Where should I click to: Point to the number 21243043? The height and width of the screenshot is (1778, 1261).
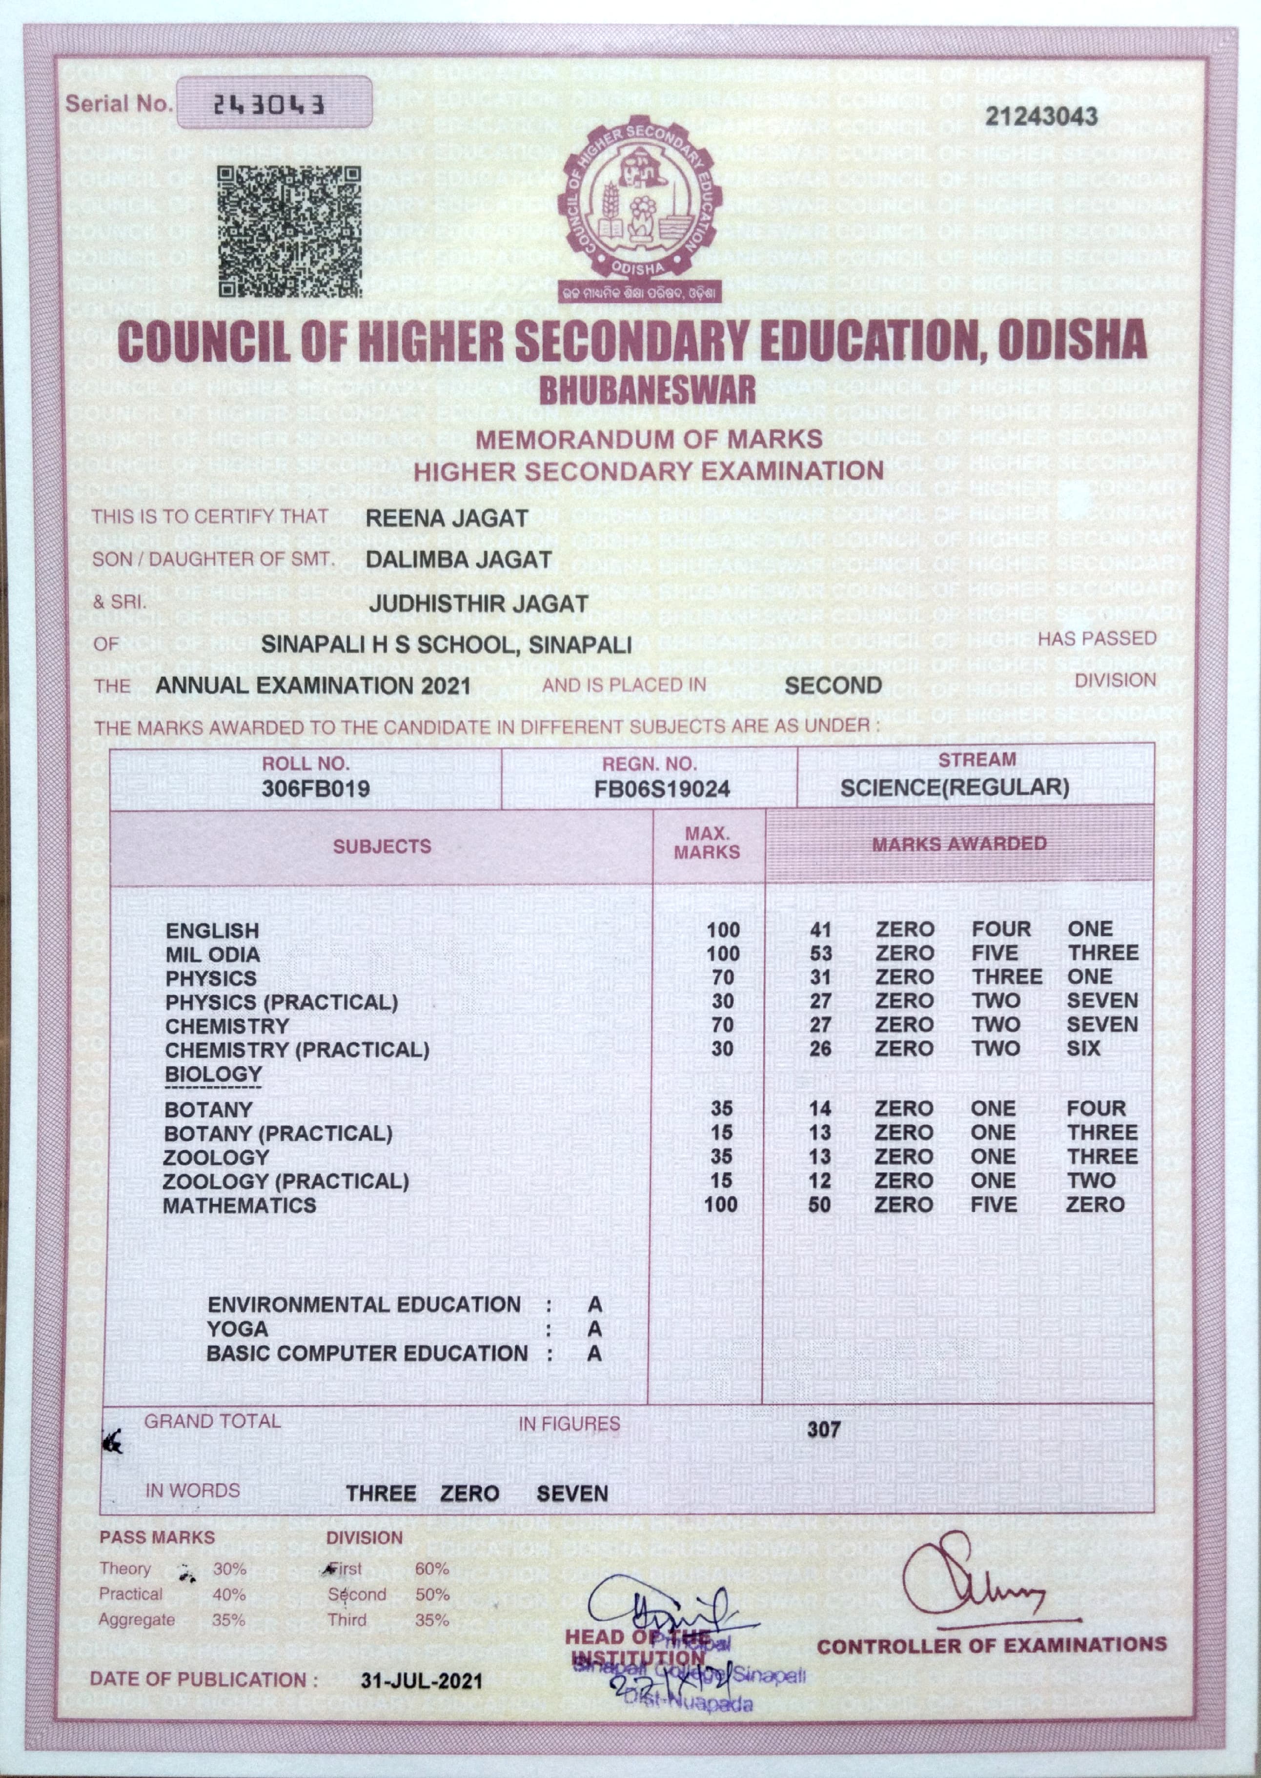[1041, 117]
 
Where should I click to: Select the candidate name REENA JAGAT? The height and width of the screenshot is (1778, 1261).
[447, 519]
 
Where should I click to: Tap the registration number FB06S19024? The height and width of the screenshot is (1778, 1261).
[662, 789]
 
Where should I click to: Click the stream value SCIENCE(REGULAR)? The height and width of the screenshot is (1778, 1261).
[955, 788]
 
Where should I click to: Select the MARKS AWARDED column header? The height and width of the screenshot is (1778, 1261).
[959, 844]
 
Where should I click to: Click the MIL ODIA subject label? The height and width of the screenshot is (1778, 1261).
[213, 954]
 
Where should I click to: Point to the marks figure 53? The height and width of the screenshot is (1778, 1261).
[820, 953]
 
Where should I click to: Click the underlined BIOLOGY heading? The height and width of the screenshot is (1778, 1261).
[214, 1074]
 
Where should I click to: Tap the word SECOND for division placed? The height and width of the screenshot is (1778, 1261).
[833, 686]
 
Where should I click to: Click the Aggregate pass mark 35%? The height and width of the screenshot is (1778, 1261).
[228, 1620]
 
